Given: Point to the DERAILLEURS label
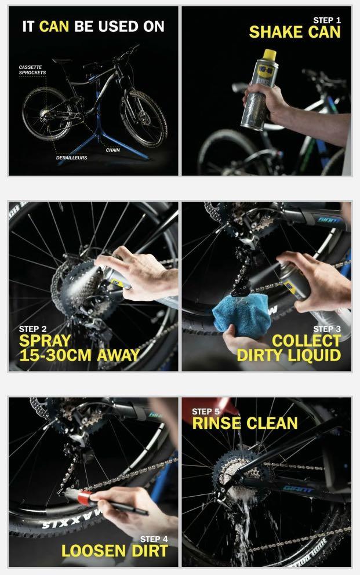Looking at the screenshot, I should click(x=71, y=157).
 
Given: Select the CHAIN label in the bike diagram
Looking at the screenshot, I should click(x=112, y=150).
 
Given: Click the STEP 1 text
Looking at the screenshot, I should click(x=327, y=20).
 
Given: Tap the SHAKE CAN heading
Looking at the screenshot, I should click(x=294, y=32).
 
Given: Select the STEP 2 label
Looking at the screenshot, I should click(x=32, y=329).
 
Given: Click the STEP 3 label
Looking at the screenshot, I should click(x=326, y=329).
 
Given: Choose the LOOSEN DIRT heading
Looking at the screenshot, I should click(x=114, y=551).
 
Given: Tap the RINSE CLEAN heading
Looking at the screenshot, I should click(x=245, y=423).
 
